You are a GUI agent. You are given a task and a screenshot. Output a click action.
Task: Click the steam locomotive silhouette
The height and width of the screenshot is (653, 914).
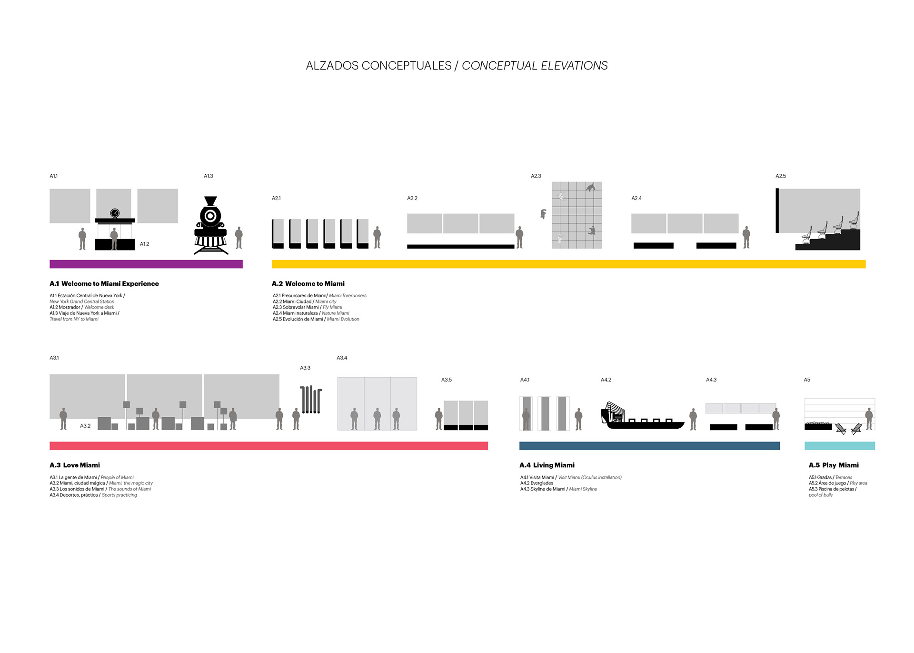(210, 225)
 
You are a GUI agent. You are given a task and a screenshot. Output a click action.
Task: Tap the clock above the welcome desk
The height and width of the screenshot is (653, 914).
(115, 213)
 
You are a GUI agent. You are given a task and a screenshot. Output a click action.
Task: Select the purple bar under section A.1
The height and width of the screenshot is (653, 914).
(146, 264)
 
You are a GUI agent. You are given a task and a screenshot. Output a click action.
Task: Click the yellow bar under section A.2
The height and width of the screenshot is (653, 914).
(568, 264)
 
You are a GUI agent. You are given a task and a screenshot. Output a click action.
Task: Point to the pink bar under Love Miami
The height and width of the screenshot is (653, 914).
(268, 446)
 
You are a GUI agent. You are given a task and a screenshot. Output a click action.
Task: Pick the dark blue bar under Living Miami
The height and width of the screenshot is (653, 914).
(649, 446)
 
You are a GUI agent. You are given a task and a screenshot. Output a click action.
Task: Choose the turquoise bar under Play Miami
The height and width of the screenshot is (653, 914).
(839, 446)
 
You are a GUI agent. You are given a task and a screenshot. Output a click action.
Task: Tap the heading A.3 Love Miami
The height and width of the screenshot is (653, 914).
(75, 465)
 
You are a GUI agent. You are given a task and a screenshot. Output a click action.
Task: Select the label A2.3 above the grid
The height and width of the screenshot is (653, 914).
(536, 176)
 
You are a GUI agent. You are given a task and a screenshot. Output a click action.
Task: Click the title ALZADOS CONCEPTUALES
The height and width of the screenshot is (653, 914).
(378, 66)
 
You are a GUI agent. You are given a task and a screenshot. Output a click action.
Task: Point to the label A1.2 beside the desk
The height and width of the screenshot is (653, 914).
(144, 244)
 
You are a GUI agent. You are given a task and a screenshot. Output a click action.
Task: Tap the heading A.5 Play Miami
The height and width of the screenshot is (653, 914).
(834, 465)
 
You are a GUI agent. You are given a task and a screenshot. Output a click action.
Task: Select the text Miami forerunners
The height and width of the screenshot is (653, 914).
(348, 296)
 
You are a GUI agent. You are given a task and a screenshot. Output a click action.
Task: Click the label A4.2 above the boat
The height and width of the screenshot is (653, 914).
(606, 380)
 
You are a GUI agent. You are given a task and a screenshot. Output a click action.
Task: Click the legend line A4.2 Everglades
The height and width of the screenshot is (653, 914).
(536, 483)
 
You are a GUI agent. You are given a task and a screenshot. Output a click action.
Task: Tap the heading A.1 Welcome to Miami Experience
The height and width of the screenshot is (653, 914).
(104, 284)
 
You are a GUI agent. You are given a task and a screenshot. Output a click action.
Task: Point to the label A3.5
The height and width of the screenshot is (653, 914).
(446, 380)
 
